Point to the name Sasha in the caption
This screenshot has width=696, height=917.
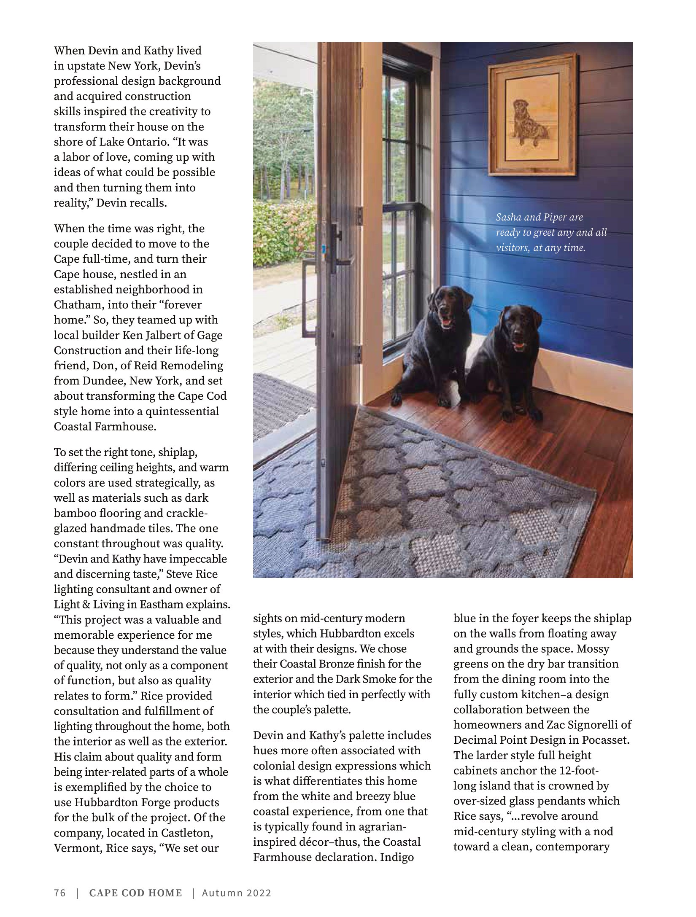pos(509,218)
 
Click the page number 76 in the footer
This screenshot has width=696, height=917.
pos(60,893)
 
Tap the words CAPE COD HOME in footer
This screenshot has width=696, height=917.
pos(135,893)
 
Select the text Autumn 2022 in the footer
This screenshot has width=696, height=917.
pos(236,893)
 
